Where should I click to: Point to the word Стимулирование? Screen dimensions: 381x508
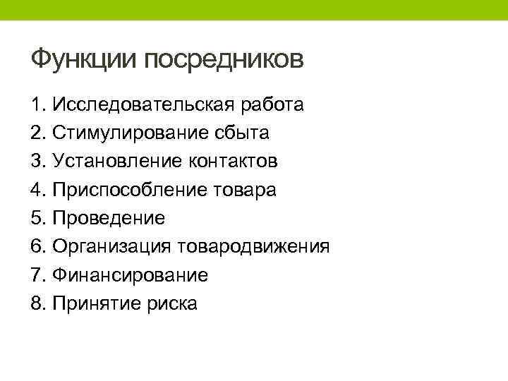tap(130, 133)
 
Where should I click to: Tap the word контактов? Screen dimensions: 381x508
tap(234, 162)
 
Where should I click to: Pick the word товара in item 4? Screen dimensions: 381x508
tap(246, 190)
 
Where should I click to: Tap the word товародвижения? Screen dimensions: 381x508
tap(253, 246)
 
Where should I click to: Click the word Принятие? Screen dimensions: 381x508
tap(98, 303)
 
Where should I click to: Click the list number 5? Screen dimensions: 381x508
tap(37, 218)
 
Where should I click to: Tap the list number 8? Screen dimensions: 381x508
tap(37, 303)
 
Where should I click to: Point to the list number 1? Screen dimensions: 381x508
tap(37, 105)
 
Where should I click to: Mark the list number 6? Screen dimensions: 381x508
tap(37, 246)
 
